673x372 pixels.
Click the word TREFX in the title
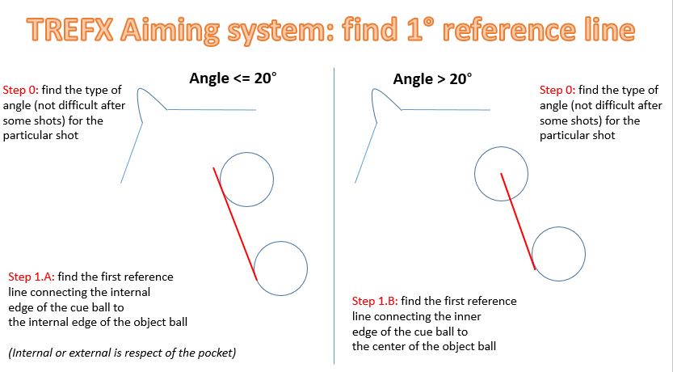[x=71, y=30]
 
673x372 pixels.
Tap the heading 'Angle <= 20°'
[x=233, y=78]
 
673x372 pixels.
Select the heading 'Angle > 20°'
[x=432, y=79]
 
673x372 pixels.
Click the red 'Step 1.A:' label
[x=32, y=277]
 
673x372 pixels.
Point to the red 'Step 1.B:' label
[x=375, y=301]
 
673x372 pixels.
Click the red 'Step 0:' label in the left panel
[x=21, y=91]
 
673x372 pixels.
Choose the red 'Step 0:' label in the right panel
[x=557, y=91]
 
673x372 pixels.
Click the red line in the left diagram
[x=235, y=224]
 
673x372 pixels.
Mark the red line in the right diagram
[x=518, y=222]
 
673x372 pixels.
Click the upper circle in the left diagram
[x=246, y=153]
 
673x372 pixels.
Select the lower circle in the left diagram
[x=280, y=242]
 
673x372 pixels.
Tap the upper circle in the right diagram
[x=501, y=147]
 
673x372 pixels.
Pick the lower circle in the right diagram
[x=558, y=227]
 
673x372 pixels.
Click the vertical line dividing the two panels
[x=334, y=216]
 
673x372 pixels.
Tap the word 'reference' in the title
[x=513, y=30]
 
